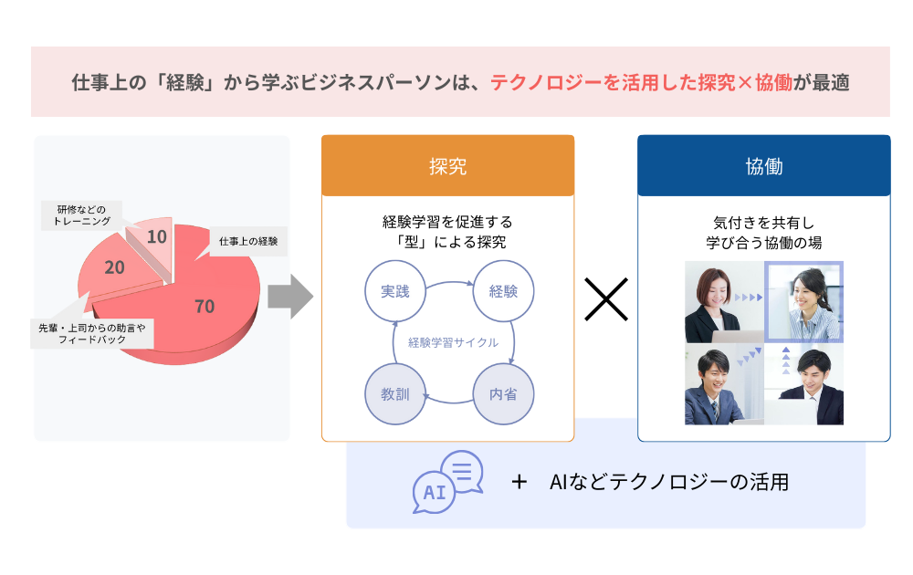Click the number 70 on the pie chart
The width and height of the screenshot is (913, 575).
tap(205, 307)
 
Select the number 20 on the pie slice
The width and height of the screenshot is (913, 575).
tap(115, 267)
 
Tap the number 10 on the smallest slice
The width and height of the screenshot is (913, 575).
tap(156, 237)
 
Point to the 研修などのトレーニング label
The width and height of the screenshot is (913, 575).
tap(78, 215)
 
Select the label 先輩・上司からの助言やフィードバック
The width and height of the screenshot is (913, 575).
tap(89, 332)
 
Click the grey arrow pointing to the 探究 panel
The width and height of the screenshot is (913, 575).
tap(289, 297)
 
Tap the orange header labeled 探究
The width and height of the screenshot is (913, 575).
tap(447, 166)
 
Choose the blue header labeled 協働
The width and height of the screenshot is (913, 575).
tap(763, 166)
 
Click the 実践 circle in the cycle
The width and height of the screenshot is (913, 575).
tap(395, 291)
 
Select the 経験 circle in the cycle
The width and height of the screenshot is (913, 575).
tap(503, 291)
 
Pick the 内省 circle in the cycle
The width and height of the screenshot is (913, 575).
tap(503, 394)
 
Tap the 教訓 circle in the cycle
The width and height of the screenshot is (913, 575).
tap(395, 394)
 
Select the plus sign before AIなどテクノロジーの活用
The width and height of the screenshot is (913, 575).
tap(519, 482)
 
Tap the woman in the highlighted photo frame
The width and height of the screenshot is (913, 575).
tap(804, 301)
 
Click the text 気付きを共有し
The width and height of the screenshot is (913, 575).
tap(762, 222)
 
